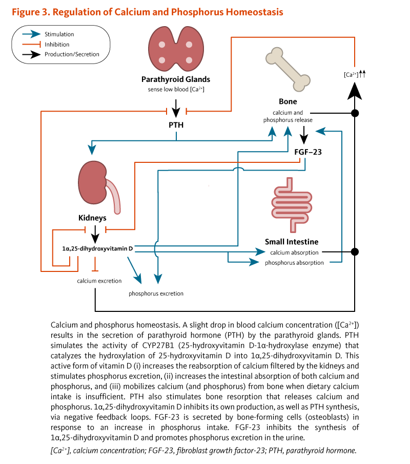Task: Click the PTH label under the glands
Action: pyautogui.click(x=176, y=124)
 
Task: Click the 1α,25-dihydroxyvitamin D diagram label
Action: pyautogui.click(x=97, y=249)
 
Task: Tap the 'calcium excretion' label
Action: pyautogui.click(x=99, y=281)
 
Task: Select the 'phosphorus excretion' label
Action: pyautogui.click(x=156, y=293)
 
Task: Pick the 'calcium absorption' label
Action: pyautogui.click(x=294, y=252)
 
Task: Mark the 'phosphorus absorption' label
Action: pyautogui.click(x=294, y=263)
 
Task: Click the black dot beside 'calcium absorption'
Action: pyautogui.click(x=355, y=252)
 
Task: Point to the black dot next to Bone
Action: pyautogui.click(x=355, y=112)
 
